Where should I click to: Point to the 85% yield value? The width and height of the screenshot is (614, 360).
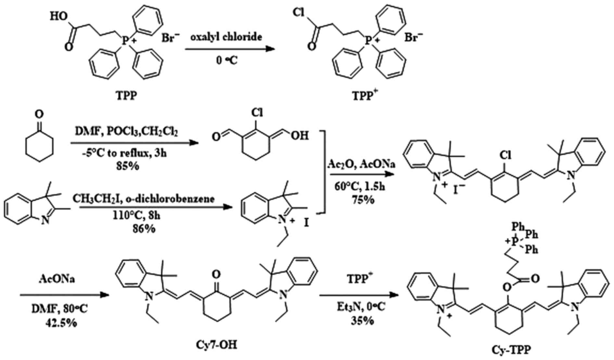(x=128, y=166)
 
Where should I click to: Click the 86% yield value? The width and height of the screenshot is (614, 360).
(x=144, y=229)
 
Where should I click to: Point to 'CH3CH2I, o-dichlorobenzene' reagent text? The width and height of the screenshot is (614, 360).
(x=143, y=198)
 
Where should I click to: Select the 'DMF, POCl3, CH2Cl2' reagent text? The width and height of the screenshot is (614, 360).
(x=127, y=132)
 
